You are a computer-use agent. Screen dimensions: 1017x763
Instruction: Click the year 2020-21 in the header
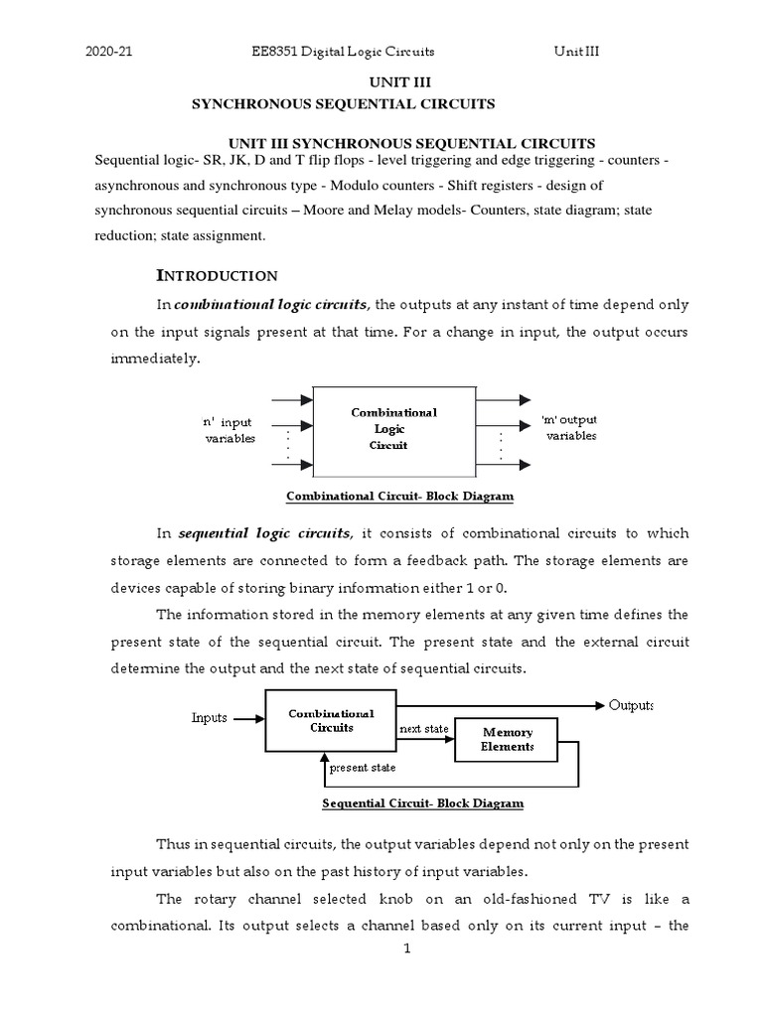pos(110,52)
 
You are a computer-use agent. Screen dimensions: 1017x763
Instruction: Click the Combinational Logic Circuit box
pos(393,428)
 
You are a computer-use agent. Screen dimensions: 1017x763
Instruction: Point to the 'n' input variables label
pos(229,430)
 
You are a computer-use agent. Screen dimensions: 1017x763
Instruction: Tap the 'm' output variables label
pos(568,428)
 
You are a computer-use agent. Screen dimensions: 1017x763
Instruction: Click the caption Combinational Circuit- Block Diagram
pos(399,496)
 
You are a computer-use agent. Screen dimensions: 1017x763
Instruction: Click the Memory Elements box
pos(507,739)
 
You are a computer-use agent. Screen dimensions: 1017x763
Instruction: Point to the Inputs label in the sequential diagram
pos(209,717)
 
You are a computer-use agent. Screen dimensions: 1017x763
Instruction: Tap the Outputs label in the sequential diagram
pos(631,705)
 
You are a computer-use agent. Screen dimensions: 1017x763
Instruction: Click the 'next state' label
pos(424,729)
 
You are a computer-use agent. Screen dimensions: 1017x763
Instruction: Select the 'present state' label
pos(364,768)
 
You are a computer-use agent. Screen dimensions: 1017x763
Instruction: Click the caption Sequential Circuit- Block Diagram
pos(422,802)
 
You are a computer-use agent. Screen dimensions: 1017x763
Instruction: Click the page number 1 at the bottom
pos(406,948)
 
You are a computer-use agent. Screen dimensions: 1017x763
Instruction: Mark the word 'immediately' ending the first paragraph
pos(155,358)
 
